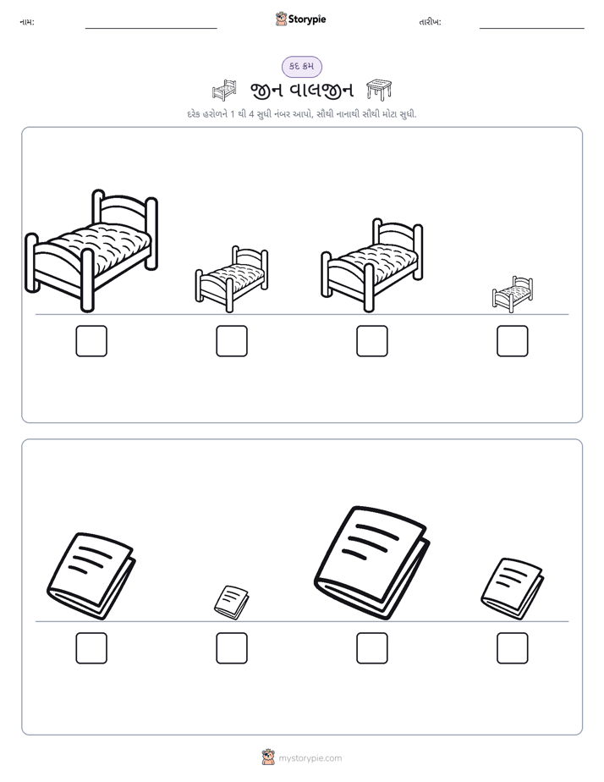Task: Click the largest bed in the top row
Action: click(91, 251)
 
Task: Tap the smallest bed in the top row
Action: click(513, 295)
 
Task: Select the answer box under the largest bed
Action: click(91, 341)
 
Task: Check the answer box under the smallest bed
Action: click(513, 341)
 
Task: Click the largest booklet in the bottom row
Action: click(371, 563)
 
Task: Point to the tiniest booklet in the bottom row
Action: click(231, 603)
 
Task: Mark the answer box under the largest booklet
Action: click(371, 648)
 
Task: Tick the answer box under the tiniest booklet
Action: click(232, 648)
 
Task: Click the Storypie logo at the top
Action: click(300, 19)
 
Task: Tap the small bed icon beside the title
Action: click(224, 91)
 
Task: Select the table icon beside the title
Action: click(379, 90)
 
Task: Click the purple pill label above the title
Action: click(301, 66)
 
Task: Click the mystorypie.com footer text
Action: click(310, 758)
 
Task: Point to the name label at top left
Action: click(27, 22)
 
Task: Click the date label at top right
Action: click(430, 22)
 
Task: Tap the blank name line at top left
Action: click(151, 29)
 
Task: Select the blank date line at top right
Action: click(532, 29)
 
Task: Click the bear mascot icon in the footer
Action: click(268, 757)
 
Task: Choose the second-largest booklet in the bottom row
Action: click(91, 576)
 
